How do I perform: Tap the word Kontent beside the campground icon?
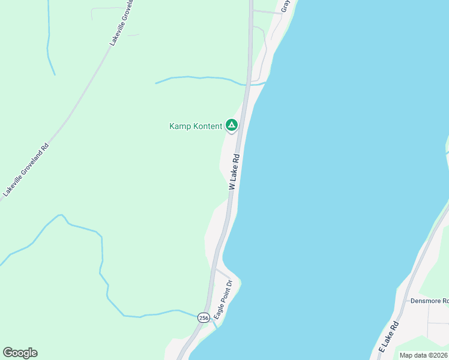point(206,126)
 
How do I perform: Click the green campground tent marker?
point(231,125)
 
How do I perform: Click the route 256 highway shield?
point(203,318)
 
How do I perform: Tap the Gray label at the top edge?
point(286,6)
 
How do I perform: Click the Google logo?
point(20,353)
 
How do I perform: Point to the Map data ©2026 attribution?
point(423,355)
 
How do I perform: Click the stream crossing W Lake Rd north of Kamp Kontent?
point(198,78)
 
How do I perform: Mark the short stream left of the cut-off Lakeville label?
point(49,42)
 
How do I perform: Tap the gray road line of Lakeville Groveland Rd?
point(78,102)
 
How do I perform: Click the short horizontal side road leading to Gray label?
point(267,11)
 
